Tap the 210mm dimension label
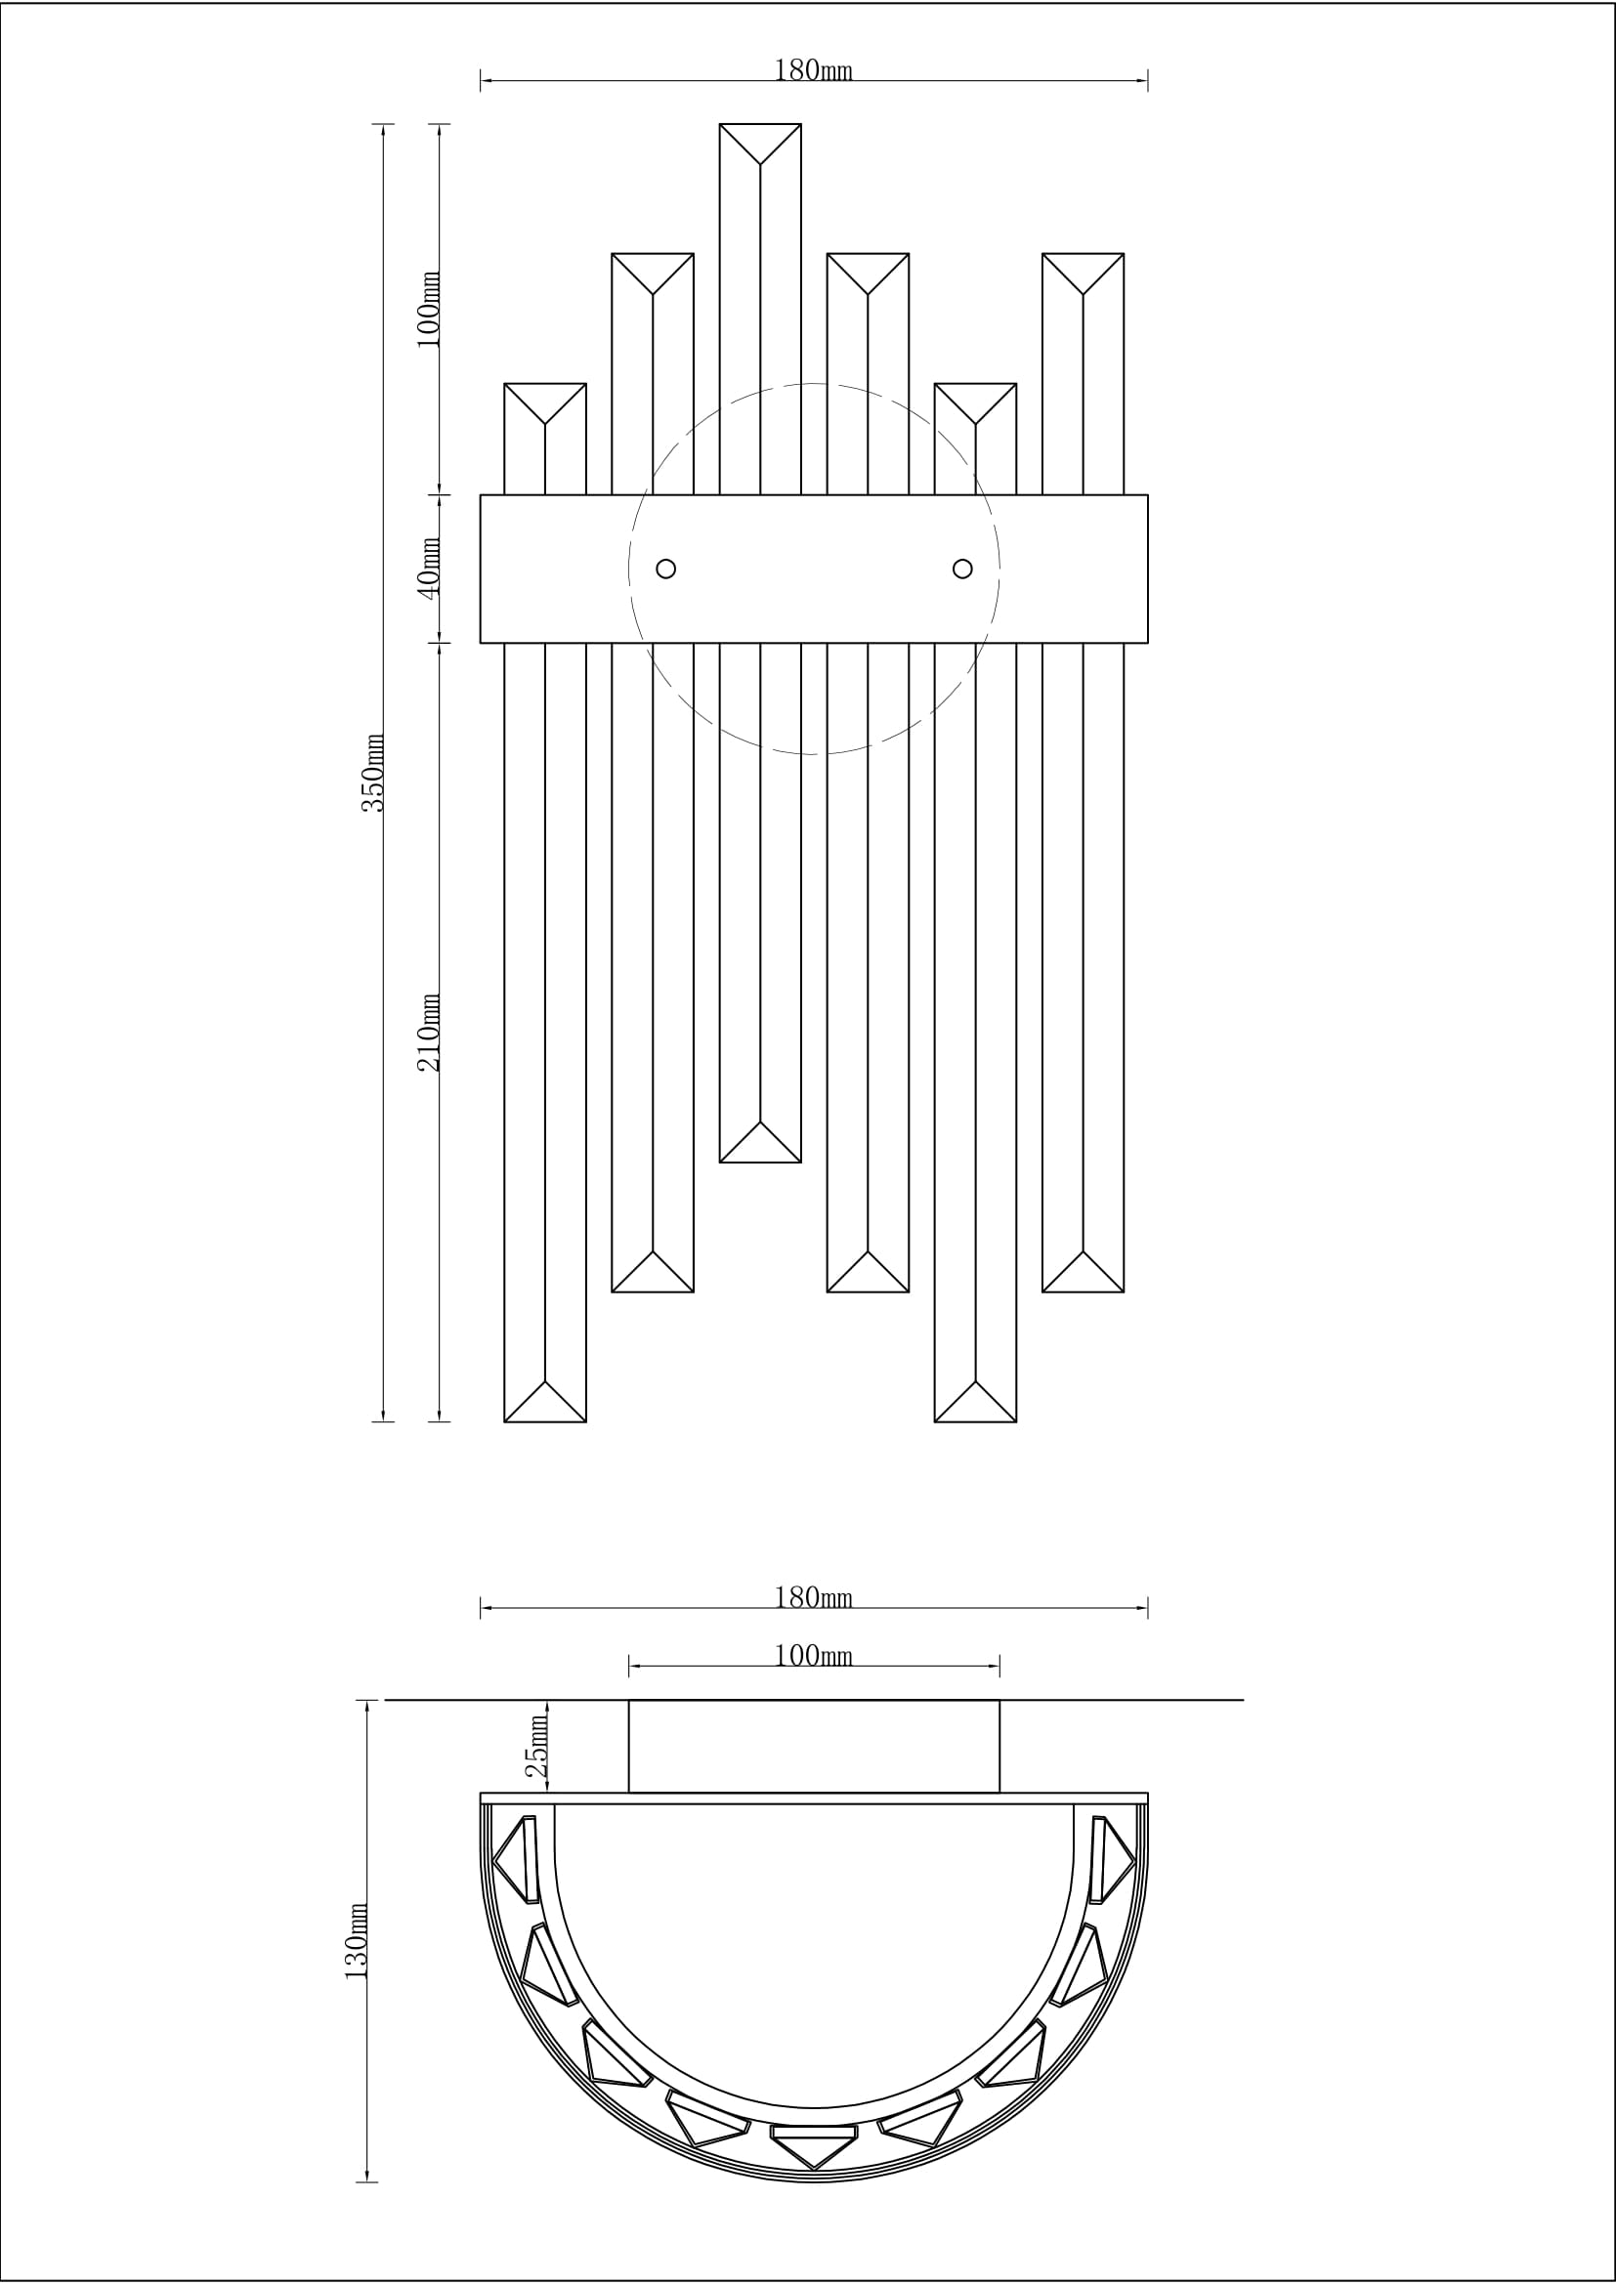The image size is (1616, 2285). pos(428,1032)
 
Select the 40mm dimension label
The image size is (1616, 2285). pos(428,568)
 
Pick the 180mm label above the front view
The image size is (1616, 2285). pos(813,70)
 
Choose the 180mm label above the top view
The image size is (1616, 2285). pos(813,1597)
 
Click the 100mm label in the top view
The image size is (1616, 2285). pos(813,1655)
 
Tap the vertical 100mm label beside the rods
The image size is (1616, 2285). pos(428,309)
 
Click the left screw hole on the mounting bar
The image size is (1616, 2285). pos(666,569)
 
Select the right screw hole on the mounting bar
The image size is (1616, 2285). pos(962,569)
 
